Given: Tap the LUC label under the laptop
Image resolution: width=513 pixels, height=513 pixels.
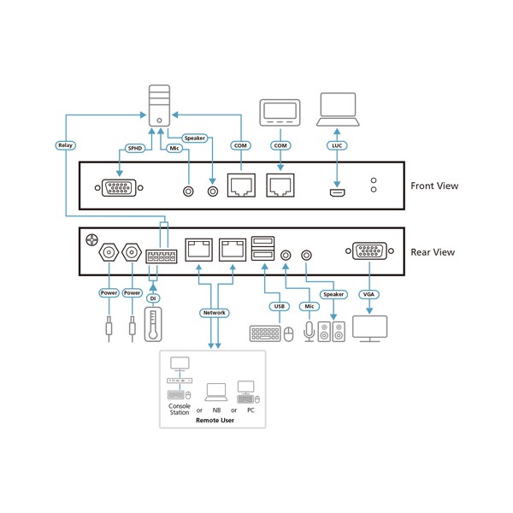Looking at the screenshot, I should click(x=338, y=146).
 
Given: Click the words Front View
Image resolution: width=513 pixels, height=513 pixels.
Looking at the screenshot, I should click(x=435, y=185).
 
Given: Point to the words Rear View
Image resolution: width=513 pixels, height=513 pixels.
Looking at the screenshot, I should click(x=432, y=251).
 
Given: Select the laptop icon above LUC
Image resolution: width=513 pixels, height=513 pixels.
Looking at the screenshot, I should click(x=338, y=108).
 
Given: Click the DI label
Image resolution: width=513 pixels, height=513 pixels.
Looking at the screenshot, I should click(x=153, y=299).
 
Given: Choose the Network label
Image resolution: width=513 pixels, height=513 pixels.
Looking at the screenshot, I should click(x=214, y=313).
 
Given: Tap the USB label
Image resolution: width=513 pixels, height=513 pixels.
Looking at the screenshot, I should click(x=276, y=305).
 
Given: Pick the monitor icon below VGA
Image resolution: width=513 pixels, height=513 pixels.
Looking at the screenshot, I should click(x=369, y=328).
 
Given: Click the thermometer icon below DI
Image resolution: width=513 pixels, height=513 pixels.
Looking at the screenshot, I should click(x=153, y=325).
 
